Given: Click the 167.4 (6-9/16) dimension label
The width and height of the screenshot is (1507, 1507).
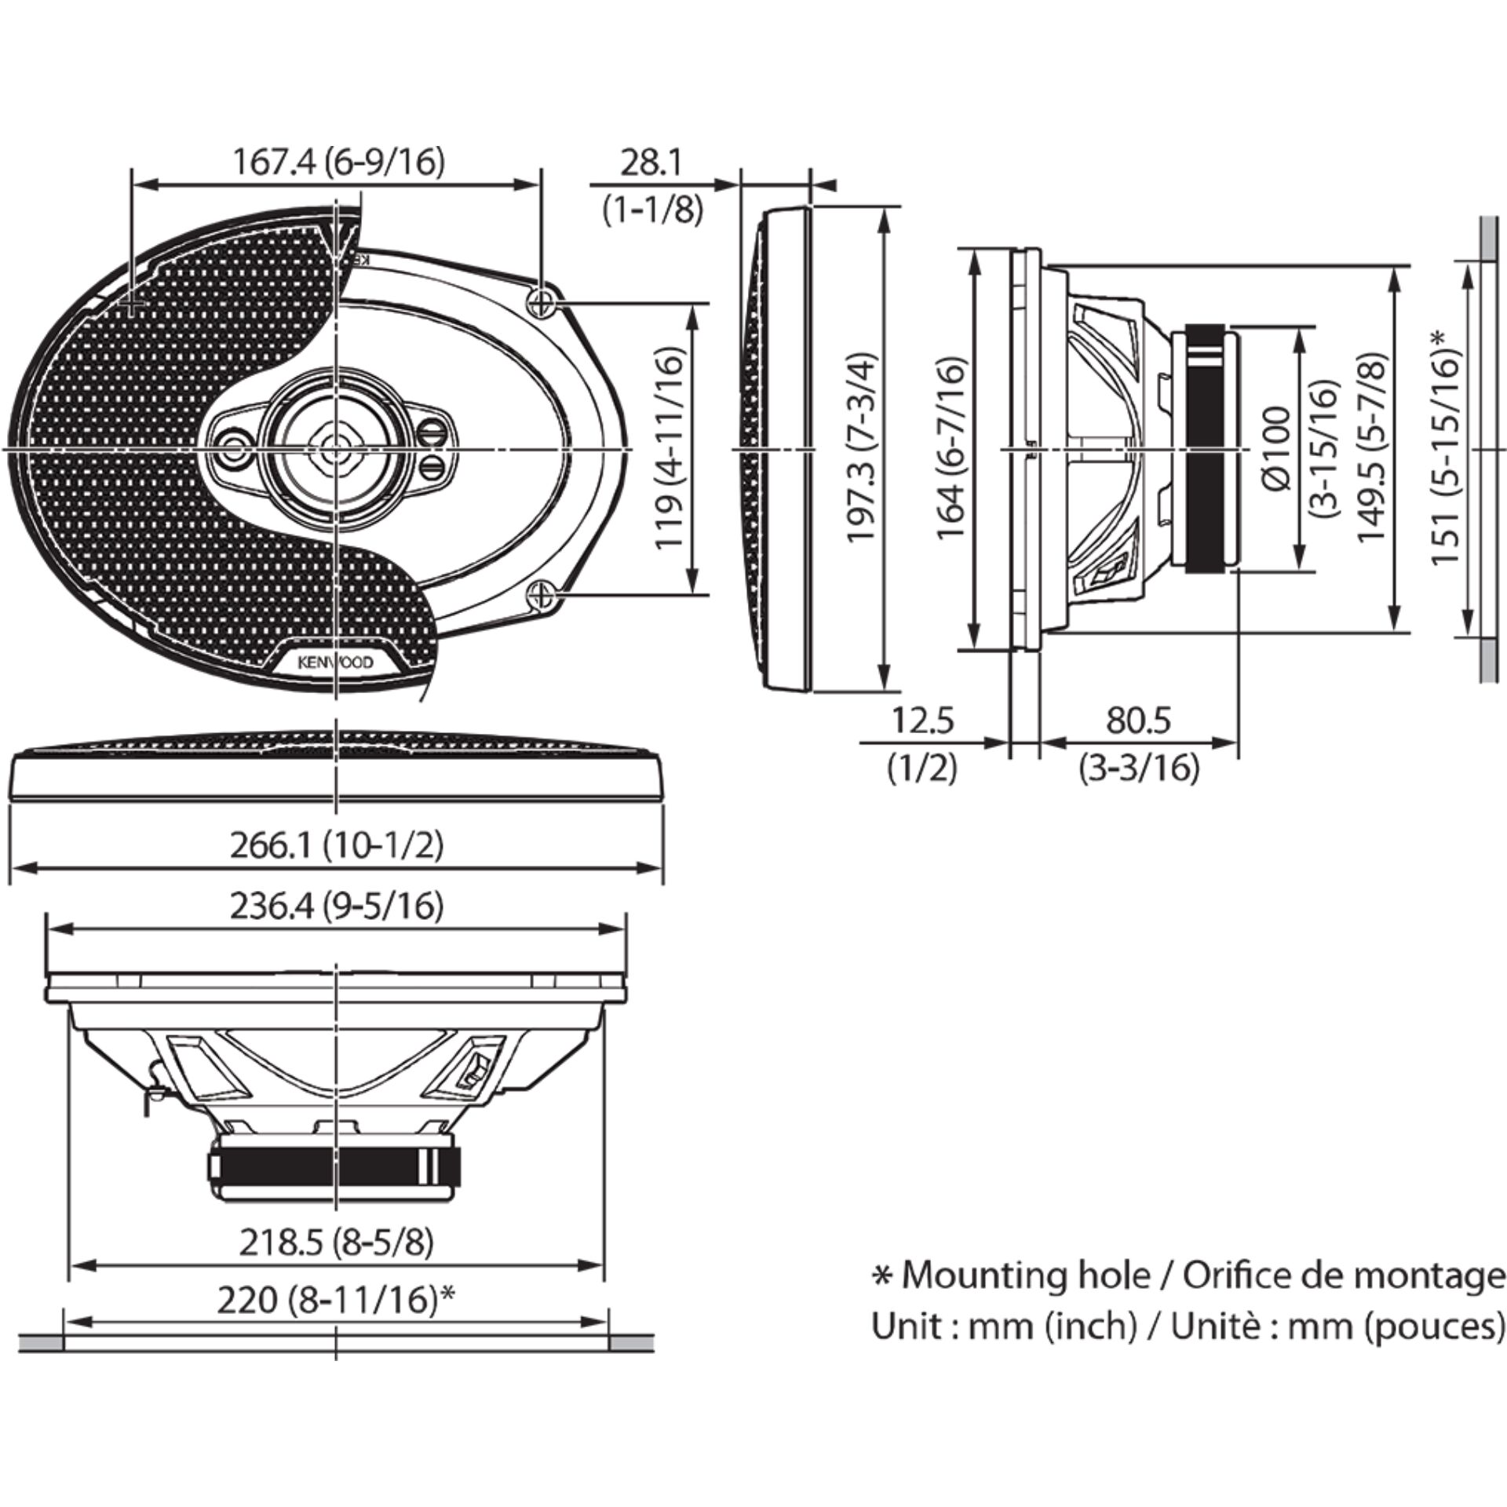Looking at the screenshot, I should point(338,162).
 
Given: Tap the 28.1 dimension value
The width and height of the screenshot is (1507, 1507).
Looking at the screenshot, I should point(651,163).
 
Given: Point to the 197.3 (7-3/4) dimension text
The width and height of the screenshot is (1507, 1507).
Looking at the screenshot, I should point(860,447).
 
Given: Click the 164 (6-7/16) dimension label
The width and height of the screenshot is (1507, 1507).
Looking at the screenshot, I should point(951,448).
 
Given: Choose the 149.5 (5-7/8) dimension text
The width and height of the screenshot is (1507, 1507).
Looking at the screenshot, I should point(1372,447).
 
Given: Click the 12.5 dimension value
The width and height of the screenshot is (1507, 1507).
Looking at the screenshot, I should point(922,721).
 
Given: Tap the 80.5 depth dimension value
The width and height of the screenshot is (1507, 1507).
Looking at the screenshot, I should point(1139,721).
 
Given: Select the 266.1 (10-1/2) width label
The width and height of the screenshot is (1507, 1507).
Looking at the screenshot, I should point(337,845).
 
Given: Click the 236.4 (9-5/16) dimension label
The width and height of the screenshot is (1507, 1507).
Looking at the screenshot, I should point(337,907).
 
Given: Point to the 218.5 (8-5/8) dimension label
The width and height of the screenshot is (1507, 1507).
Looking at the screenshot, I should point(337,1242).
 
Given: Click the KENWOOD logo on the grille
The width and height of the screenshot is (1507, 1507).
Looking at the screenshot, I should point(336,662).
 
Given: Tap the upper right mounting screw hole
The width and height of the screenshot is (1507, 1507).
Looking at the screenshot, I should point(542,301).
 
